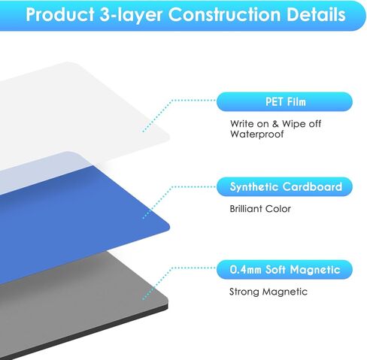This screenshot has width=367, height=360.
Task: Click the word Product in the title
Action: tap(60, 14)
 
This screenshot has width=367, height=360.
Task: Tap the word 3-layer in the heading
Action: tap(131, 15)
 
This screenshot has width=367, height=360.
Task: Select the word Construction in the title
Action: tap(224, 14)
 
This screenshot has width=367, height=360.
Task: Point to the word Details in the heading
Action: tap(316, 14)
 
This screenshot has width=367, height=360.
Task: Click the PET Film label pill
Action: tap(284, 101)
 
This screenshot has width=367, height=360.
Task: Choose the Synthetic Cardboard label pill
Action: tap(284, 186)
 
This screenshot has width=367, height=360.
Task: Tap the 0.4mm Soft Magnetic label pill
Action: tap(284, 270)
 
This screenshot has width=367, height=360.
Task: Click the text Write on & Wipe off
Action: tap(275, 123)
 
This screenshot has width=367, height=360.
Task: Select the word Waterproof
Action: tap(257, 135)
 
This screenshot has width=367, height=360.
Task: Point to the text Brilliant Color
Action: tap(260, 209)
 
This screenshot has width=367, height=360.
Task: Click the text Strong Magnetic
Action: tap(268, 292)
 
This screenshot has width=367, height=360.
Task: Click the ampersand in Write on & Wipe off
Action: tap(275, 124)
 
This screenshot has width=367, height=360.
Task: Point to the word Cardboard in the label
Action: tap(312, 186)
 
